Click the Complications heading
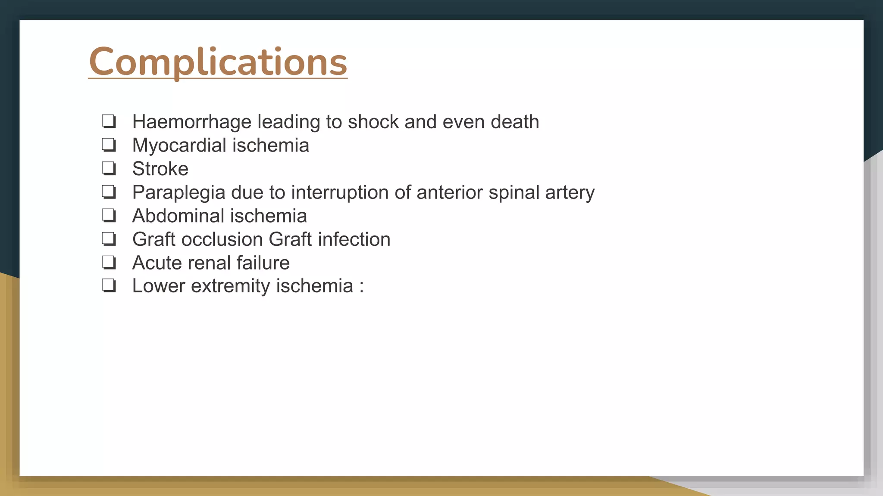click(x=218, y=62)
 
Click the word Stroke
click(x=160, y=169)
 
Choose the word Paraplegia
click(x=178, y=192)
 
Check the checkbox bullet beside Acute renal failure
click(x=109, y=262)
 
